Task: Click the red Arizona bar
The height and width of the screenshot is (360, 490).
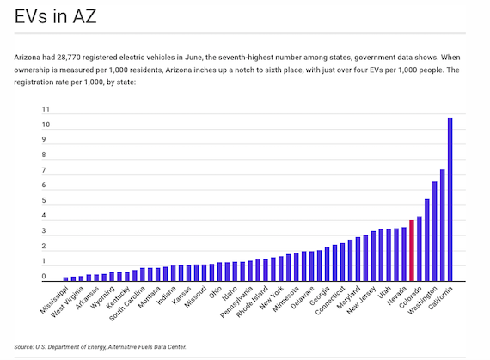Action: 412,250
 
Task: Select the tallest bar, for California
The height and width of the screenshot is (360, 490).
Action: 450,199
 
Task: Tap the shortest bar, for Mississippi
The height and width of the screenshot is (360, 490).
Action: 65,279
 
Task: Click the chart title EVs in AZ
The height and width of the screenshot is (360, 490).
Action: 55,16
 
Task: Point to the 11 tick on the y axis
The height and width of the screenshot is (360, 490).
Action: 46,109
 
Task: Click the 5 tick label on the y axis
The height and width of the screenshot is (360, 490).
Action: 44,200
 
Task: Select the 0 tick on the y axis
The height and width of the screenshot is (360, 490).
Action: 44,276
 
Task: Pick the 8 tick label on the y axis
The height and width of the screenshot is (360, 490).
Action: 44,155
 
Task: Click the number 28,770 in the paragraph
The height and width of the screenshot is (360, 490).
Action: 69,58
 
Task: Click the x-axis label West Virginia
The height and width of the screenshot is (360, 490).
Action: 67,302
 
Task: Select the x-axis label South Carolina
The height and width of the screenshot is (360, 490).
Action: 127,303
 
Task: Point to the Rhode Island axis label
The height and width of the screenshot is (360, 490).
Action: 252,302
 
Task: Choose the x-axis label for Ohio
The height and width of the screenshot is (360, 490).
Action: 215,292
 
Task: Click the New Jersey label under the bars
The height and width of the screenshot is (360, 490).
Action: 361,301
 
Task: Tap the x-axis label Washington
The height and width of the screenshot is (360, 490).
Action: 422,300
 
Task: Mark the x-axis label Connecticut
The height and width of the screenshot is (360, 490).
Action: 330,301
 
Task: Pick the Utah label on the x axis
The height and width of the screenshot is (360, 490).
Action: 384,292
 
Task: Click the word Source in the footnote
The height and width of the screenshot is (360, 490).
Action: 23,347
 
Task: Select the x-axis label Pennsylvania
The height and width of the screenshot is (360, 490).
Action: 236,302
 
